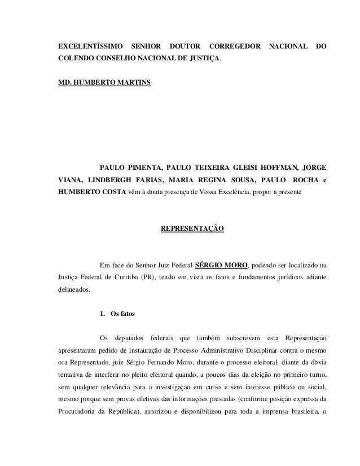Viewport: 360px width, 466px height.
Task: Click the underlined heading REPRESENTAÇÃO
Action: coord(192,228)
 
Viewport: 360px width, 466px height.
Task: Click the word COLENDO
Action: coord(77,58)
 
